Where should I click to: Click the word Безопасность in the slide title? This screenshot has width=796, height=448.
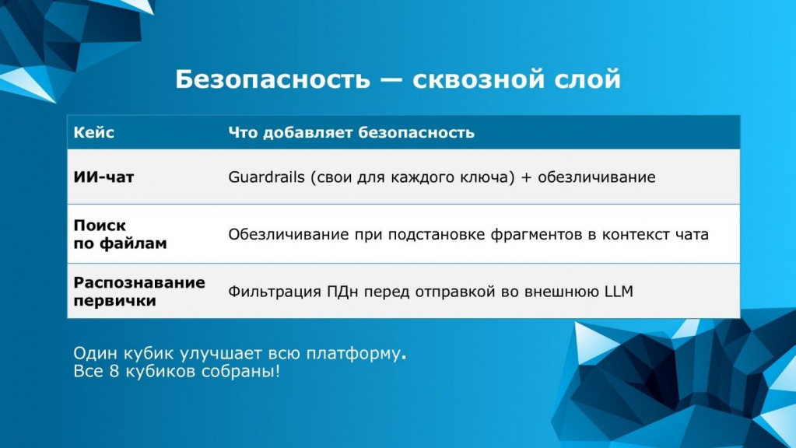(x=273, y=79)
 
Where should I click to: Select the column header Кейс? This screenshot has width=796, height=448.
(x=94, y=132)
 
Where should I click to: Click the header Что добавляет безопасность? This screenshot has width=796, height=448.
(x=351, y=132)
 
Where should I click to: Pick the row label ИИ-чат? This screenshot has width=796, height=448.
(x=103, y=177)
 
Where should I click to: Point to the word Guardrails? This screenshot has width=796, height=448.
(x=267, y=177)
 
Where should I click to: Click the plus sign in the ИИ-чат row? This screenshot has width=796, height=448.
(x=526, y=177)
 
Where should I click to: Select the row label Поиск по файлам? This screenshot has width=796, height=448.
(x=120, y=234)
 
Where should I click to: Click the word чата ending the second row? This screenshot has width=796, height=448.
(x=692, y=234)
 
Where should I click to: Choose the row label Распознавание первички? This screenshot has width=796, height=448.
(x=139, y=291)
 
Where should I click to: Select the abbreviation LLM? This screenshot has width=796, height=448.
(x=619, y=291)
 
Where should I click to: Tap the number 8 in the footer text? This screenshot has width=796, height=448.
(x=114, y=371)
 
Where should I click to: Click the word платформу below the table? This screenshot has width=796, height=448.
(x=352, y=354)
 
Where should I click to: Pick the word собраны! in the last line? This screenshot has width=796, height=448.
(x=240, y=371)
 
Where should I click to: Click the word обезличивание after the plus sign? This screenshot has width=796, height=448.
(x=597, y=177)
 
